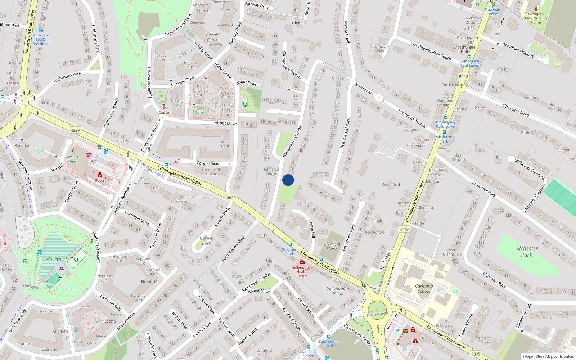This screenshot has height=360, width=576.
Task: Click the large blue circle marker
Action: coord(288,180)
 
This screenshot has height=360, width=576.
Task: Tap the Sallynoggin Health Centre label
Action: coord(302,271)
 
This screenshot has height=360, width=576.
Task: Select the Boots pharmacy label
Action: coord(100,180)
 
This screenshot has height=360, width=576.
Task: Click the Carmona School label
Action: coord(424,289)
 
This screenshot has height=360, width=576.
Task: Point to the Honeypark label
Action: coord(57,258)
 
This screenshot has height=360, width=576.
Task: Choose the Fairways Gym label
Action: coord(199,110)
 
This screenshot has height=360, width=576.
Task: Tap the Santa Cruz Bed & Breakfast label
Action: coord(40,39)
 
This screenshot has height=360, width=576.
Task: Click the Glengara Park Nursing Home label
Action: coord(536,18)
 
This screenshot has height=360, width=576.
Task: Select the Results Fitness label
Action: coord(72,159)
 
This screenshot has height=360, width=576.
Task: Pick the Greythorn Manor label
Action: coord(332,246)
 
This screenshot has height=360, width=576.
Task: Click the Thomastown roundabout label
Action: coord(377,314)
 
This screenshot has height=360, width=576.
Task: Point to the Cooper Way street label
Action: coord(208,163)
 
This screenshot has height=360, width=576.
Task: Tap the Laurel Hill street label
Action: coord(312,229)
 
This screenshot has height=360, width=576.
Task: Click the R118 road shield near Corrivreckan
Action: coord(464,77)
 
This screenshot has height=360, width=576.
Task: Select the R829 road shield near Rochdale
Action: coord(75,130)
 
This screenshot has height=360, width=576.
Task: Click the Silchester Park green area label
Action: coord(526,252)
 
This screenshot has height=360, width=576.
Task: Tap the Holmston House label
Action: coord(271,171)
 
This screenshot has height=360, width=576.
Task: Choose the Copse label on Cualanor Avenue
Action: coord(164,112)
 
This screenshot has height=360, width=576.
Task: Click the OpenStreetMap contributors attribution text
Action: coord(548,356)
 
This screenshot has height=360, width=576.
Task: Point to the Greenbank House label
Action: coord(212,172)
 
